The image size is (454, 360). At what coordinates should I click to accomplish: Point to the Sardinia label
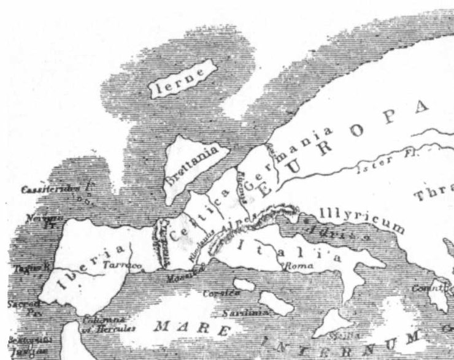[x=240, y=313]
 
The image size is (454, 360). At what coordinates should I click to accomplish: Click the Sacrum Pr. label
[x=23, y=307]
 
